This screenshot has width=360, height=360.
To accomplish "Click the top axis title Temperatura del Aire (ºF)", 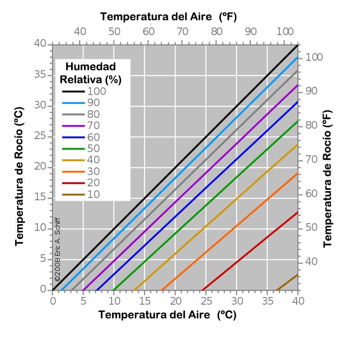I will point(168,17).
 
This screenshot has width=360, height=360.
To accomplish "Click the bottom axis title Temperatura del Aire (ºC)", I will point(167,315).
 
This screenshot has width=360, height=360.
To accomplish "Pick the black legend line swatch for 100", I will point(72,91).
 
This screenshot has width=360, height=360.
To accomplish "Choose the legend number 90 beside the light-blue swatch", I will point(94,103).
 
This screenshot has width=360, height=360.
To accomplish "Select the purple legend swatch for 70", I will point(72,126).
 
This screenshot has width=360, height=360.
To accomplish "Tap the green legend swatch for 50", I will point(72,148).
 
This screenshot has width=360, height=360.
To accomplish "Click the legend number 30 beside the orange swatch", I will point(94,171).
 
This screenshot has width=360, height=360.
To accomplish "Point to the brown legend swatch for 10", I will point(72,194).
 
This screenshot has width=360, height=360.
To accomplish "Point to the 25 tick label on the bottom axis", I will point(207,300).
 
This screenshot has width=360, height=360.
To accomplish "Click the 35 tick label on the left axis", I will point(40,75).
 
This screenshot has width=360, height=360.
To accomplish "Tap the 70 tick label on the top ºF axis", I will point(182,31).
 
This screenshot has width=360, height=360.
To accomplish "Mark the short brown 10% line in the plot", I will point(287,282).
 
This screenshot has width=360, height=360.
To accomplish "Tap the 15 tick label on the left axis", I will point(40,198).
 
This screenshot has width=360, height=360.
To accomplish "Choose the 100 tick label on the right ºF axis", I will point(315,58).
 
